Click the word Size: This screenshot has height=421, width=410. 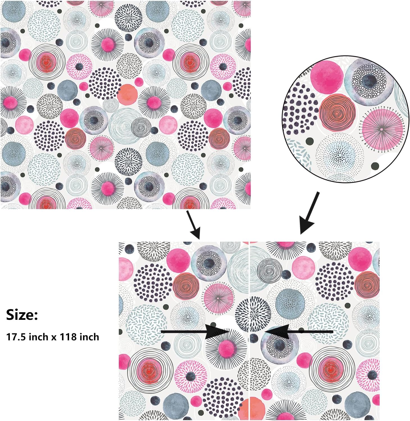tap(22, 315)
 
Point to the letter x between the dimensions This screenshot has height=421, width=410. tap(53, 337)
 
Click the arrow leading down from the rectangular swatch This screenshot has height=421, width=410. tap(194, 225)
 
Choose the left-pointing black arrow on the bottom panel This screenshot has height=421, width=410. tap(298, 332)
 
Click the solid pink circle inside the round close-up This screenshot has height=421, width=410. tap(327, 76)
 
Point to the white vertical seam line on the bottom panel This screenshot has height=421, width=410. tap(249, 332)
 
